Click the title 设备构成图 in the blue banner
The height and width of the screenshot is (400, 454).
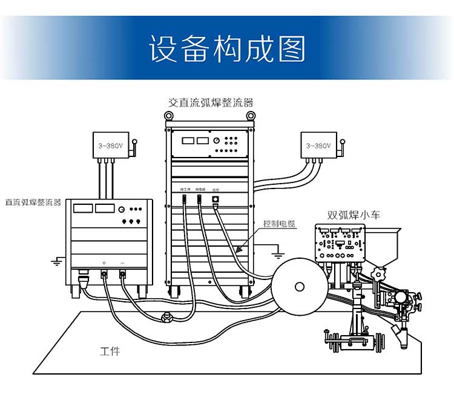[227, 48]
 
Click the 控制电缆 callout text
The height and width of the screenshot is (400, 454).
[279, 224]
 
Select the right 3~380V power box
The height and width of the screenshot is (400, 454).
[318, 146]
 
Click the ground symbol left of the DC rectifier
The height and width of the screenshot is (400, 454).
[56, 261]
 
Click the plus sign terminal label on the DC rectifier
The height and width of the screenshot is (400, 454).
[104, 262]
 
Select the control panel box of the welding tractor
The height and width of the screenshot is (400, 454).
[340, 242]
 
